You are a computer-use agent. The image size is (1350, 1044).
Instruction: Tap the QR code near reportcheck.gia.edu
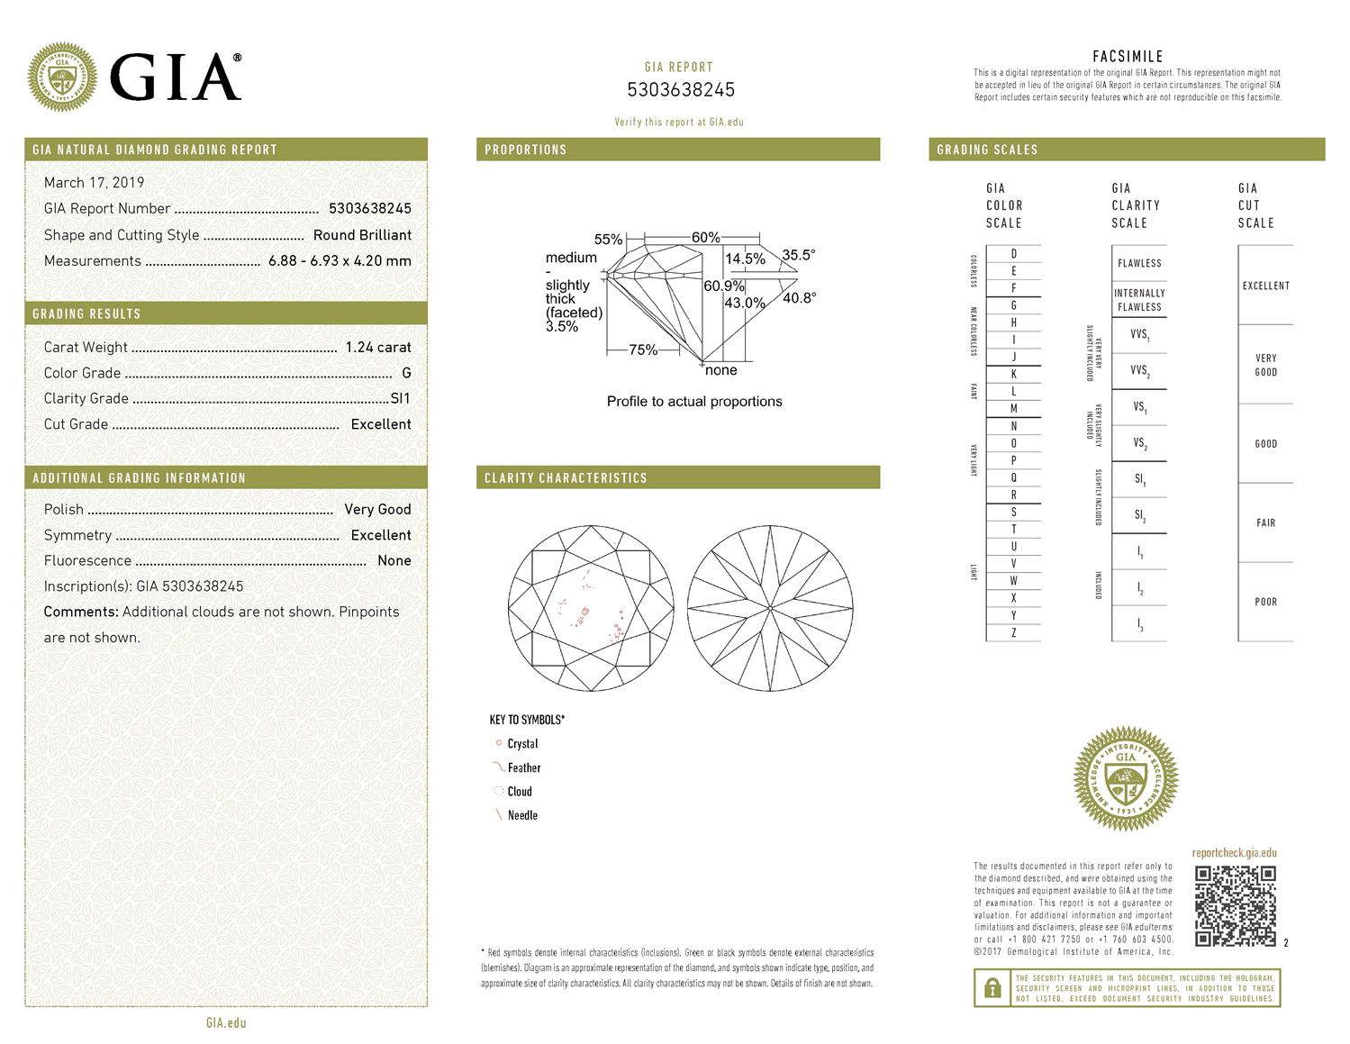click(x=1235, y=905)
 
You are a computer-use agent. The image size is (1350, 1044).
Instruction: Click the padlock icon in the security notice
click(x=992, y=988)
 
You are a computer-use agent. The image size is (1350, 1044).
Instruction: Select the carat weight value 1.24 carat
click(x=377, y=347)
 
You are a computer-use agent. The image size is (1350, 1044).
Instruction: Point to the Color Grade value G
click(x=406, y=373)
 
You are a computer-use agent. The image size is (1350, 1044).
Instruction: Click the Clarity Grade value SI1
click(x=400, y=398)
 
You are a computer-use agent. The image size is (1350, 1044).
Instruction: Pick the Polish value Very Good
click(x=377, y=509)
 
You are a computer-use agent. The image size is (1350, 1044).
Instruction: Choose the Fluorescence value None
click(x=394, y=560)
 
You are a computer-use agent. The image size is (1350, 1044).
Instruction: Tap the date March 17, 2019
click(x=94, y=183)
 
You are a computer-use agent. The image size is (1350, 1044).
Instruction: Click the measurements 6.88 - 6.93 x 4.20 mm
click(x=340, y=261)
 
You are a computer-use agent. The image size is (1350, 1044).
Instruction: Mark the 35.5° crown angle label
click(x=798, y=255)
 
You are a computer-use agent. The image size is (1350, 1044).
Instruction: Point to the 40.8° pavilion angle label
click(x=799, y=298)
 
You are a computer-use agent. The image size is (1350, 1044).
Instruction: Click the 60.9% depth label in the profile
click(x=724, y=286)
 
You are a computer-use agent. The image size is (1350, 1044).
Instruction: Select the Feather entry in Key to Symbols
click(x=523, y=768)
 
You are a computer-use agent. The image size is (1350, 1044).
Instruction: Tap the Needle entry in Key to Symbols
click(x=521, y=815)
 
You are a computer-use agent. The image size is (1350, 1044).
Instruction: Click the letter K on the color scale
click(x=1013, y=375)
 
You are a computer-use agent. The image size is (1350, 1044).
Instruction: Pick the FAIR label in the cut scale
click(x=1265, y=522)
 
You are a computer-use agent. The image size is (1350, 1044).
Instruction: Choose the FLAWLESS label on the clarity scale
click(x=1139, y=263)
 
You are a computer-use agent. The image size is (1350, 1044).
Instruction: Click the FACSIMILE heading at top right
click(x=1127, y=57)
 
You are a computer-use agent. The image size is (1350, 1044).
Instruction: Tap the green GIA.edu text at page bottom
click(x=226, y=1022)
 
